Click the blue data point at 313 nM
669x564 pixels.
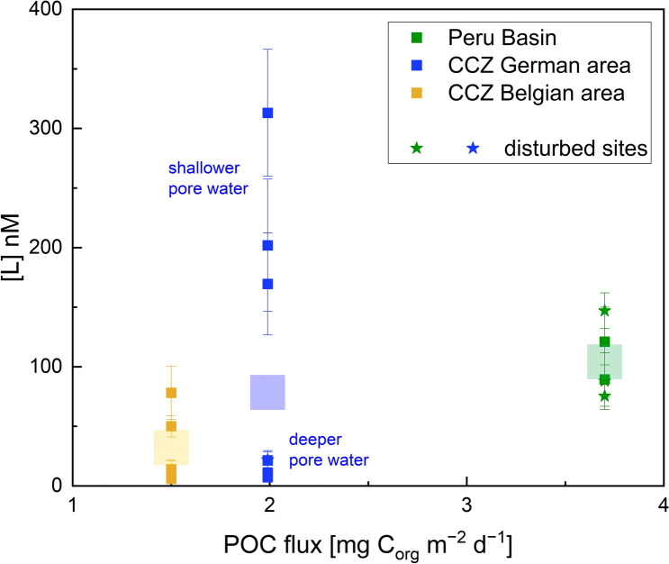pyautogui.click(x=267, y=113)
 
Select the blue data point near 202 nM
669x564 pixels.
pyautogui.click(x=267, y=245)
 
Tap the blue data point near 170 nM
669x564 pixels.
pyautogui.click(x=267, y=284)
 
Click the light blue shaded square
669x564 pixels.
pyautogui.click(x=267, y=392)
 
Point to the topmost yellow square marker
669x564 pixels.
pyautogui.click(x=170, y=393)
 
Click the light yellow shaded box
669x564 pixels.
pyautogui.click(x=170, y=447)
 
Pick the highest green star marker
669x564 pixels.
pyautogui.click(x=604, y=311)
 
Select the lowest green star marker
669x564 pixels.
pyautogui.click(x=604, y=396)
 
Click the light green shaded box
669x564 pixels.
pyautogui.click(x=604, y=361)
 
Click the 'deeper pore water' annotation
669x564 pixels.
pyautogui.click(x=328, y=450)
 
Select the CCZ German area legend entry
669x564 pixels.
pyautogui.click(x=527, y=66)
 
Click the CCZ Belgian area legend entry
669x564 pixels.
pyautogui.click(x=527, y=93)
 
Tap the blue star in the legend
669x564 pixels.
pyautogui.click(x=474, y=149)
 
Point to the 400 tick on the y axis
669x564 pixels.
pyautogui.click(x=49, y=10)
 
